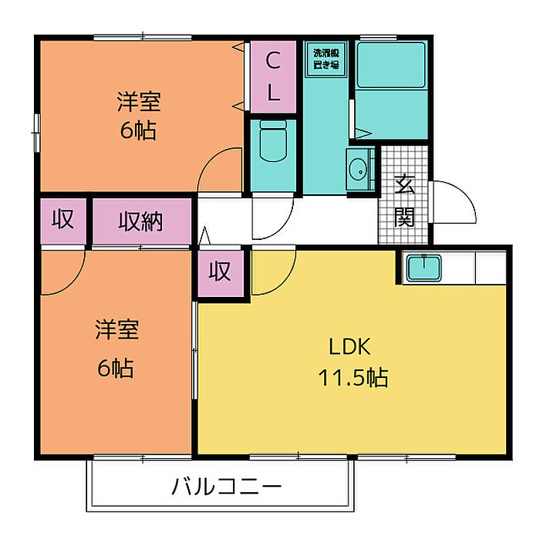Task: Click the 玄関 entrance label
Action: (404, 201)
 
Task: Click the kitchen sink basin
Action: (423, 268)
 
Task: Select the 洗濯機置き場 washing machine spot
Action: (326, 59)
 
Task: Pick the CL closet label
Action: (273, 76)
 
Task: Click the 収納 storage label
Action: (140, 222)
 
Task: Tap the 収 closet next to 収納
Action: (63, 220)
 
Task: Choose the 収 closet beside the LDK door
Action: (221, 272)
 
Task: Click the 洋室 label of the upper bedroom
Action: (139, 101)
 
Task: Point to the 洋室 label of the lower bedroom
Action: (117, 331)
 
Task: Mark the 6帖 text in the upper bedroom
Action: (139, 130)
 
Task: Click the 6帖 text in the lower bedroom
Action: (116, 368)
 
